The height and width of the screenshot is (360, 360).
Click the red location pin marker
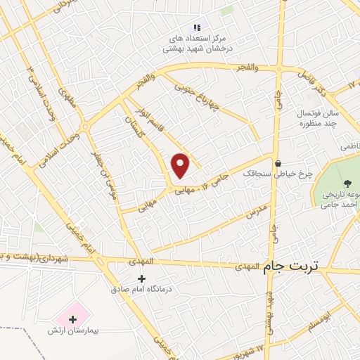pyautogui.click(x=181, y=165)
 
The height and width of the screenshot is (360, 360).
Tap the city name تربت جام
pyautogui.click(x=290, y=266)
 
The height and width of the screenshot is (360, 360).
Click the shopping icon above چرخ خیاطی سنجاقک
pyautogui.click(x=278, y=162)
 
